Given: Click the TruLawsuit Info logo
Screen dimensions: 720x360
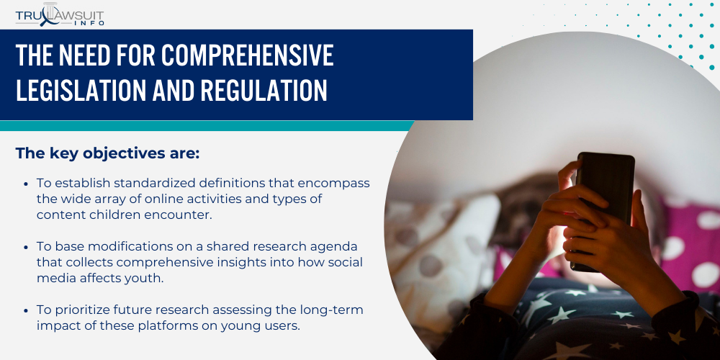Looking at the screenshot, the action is [60, 15].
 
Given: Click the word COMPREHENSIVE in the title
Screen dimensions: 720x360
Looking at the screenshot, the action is [248, 55].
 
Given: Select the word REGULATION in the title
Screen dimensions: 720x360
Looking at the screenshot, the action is [264, 90].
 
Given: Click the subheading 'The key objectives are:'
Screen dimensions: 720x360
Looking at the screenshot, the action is [107, 153].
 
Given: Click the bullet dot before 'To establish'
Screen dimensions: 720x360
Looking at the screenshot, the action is [26, 183].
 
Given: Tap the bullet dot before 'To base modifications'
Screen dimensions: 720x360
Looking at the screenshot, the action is [26, 246].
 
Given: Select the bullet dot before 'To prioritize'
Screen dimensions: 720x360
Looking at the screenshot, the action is [26, 310].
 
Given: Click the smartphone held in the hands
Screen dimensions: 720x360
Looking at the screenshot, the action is [602, 211].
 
